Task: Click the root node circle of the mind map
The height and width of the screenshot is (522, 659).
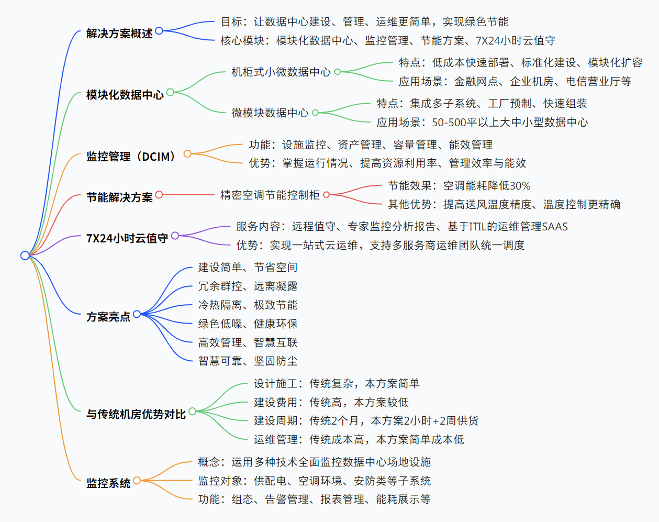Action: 25,256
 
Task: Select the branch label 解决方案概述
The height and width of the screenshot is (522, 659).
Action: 119,34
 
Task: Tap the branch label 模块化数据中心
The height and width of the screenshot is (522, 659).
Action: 125,95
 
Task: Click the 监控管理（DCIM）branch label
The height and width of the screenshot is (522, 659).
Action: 131,156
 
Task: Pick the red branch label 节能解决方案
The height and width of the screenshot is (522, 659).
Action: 119,197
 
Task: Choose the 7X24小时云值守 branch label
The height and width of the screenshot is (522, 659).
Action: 127,238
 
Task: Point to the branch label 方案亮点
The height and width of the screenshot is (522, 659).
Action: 108,317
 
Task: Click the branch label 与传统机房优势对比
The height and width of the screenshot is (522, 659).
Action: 136,414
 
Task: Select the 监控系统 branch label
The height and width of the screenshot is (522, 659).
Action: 108,483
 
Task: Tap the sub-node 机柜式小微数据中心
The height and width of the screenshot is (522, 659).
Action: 281,72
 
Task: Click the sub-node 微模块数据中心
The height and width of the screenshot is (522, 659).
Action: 270,113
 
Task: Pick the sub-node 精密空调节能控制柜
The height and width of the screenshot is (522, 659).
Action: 270,195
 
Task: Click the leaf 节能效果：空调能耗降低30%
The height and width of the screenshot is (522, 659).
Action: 459,186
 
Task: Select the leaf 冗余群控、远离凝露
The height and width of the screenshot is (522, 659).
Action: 248,286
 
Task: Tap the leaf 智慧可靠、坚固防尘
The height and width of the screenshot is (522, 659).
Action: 248,361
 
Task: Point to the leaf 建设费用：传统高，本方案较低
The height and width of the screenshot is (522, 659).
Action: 331,403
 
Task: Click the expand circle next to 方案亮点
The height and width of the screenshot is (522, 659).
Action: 137,314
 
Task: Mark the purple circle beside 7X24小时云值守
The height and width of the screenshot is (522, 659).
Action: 175,236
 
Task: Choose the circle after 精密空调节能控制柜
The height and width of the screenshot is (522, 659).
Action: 327,195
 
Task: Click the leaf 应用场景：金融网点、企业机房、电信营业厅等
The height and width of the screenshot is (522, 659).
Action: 515,82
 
